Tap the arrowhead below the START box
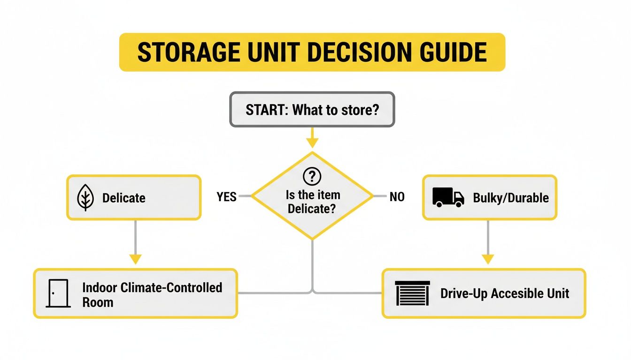[312, 142]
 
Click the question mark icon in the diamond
[312, 177]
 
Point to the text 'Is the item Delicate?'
[312, 202]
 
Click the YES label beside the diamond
[227, 197]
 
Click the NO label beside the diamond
[397, 197]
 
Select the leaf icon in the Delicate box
[85, 197]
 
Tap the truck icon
[448, 197]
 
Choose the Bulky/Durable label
[511, 198]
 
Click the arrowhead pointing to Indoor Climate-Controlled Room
[135, 258]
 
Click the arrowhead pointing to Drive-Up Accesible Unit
[488, 258]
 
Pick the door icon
[58, 294]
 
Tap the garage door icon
[413, 294]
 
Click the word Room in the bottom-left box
[98, 302]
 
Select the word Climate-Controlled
[171, 287]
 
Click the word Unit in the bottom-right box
[558, 294]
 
